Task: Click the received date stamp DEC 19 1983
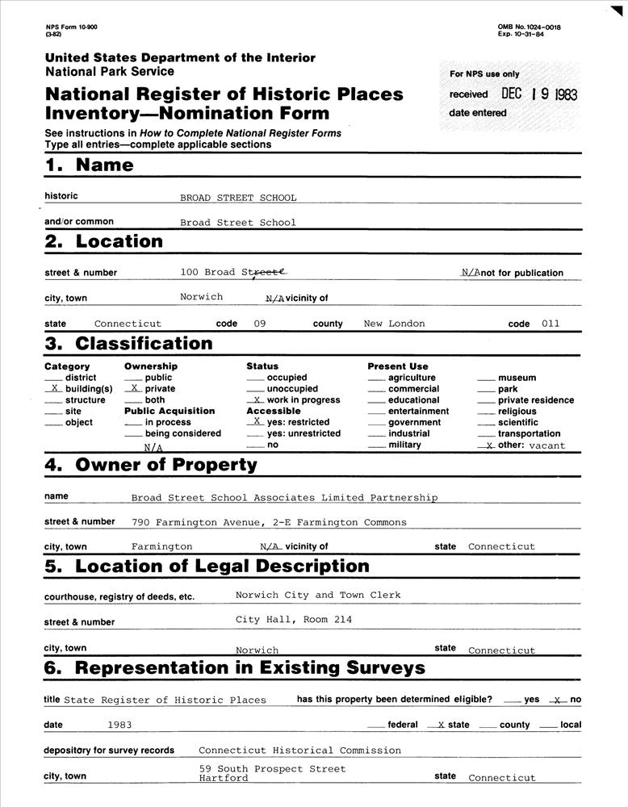[x=538, y=94]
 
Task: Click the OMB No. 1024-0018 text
[x=530, y=27]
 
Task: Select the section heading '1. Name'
[x=89, y=165]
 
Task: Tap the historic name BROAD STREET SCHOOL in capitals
[x=238, y=198]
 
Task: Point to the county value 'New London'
[x=394, y=324]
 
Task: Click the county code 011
[x=551, y=324]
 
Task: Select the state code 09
[x=260, y=324]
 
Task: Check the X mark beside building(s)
[x=54, y=389]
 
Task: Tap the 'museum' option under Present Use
[x=517, y=378]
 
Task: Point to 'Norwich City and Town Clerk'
[x=318, y=595]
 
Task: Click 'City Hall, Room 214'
[x=294, y=620]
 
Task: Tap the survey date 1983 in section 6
[x=119, y=725]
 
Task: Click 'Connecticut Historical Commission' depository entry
[x=299, y=751]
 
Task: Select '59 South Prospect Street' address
[x=272, y=769]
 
